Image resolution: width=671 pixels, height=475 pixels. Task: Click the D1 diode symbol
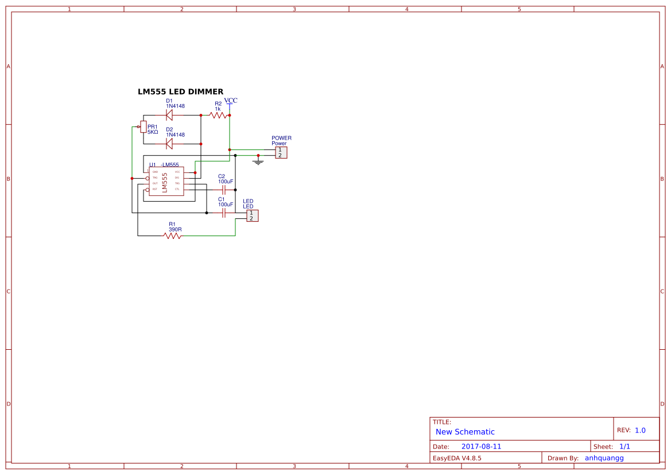pyautogui.click(x=169, y=115)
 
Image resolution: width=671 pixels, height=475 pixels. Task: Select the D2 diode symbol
pyautogui.click(x=169, y=143)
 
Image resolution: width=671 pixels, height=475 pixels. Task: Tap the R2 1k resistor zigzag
pyautogui.click(x=218, y=115)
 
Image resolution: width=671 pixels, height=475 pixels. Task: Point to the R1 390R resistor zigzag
pyautogui.click(x=173, y=235)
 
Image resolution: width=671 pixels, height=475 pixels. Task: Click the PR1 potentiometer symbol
pyautogui.click(x=143, y=126)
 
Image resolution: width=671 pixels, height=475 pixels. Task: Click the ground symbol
pyautogui.click(x=258, y=162)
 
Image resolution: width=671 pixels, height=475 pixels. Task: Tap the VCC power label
pyautogui.click(x=231, y=101)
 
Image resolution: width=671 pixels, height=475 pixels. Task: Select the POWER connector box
pyautogui.click(x=281, y=152)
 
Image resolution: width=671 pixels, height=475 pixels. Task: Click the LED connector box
pyautogui.click(x=253, y=215)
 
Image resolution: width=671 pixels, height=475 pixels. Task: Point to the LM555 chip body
pyautogui.click(x=166, y=181)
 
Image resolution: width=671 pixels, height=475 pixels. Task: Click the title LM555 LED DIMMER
pyautogui.click(x=180, y=92)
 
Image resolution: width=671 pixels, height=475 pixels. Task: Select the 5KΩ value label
pyautogui.click(x=153, y=132)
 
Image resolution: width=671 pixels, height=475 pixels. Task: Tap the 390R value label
pyautogui.click(x=175, y=229)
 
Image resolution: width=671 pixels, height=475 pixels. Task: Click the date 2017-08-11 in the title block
pyautogui.click(x=481, y=446)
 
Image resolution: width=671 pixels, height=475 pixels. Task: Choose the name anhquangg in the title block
pyautogui.click(x=604, y=458)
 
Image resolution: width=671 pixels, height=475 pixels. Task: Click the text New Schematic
pyautogui.click(x=465, y=432)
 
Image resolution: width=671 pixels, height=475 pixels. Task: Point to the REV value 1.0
pyautogui.click(x=640, y=430)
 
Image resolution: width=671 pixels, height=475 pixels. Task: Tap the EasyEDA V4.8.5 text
pyautogui.click(x=457, y=458)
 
